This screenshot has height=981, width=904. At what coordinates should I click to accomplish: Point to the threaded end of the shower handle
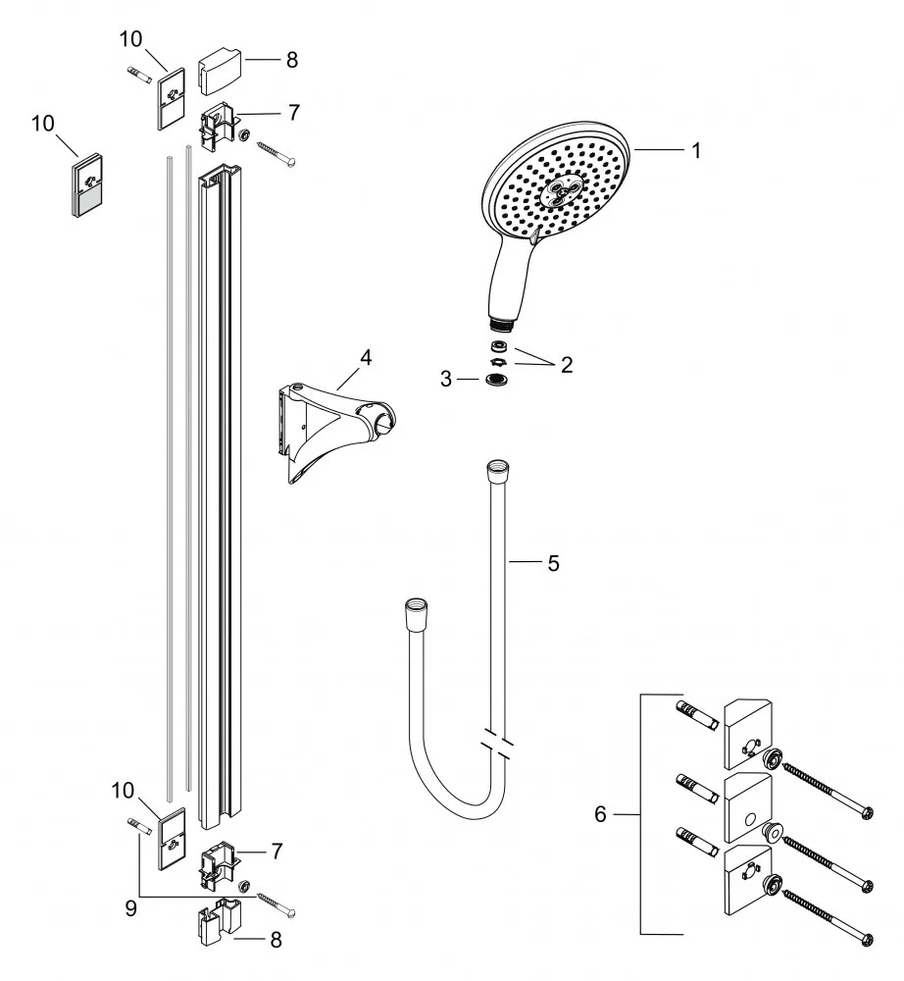[500, 321]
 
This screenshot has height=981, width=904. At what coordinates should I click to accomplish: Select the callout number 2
[566, 365]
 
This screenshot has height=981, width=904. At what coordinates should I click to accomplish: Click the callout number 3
[446, 378]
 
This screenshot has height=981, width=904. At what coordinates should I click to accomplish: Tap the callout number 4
[365, 357]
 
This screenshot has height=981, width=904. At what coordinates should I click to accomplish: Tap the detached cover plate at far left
[88, 184]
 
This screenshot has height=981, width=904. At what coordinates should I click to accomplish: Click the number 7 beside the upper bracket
[293, 112]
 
